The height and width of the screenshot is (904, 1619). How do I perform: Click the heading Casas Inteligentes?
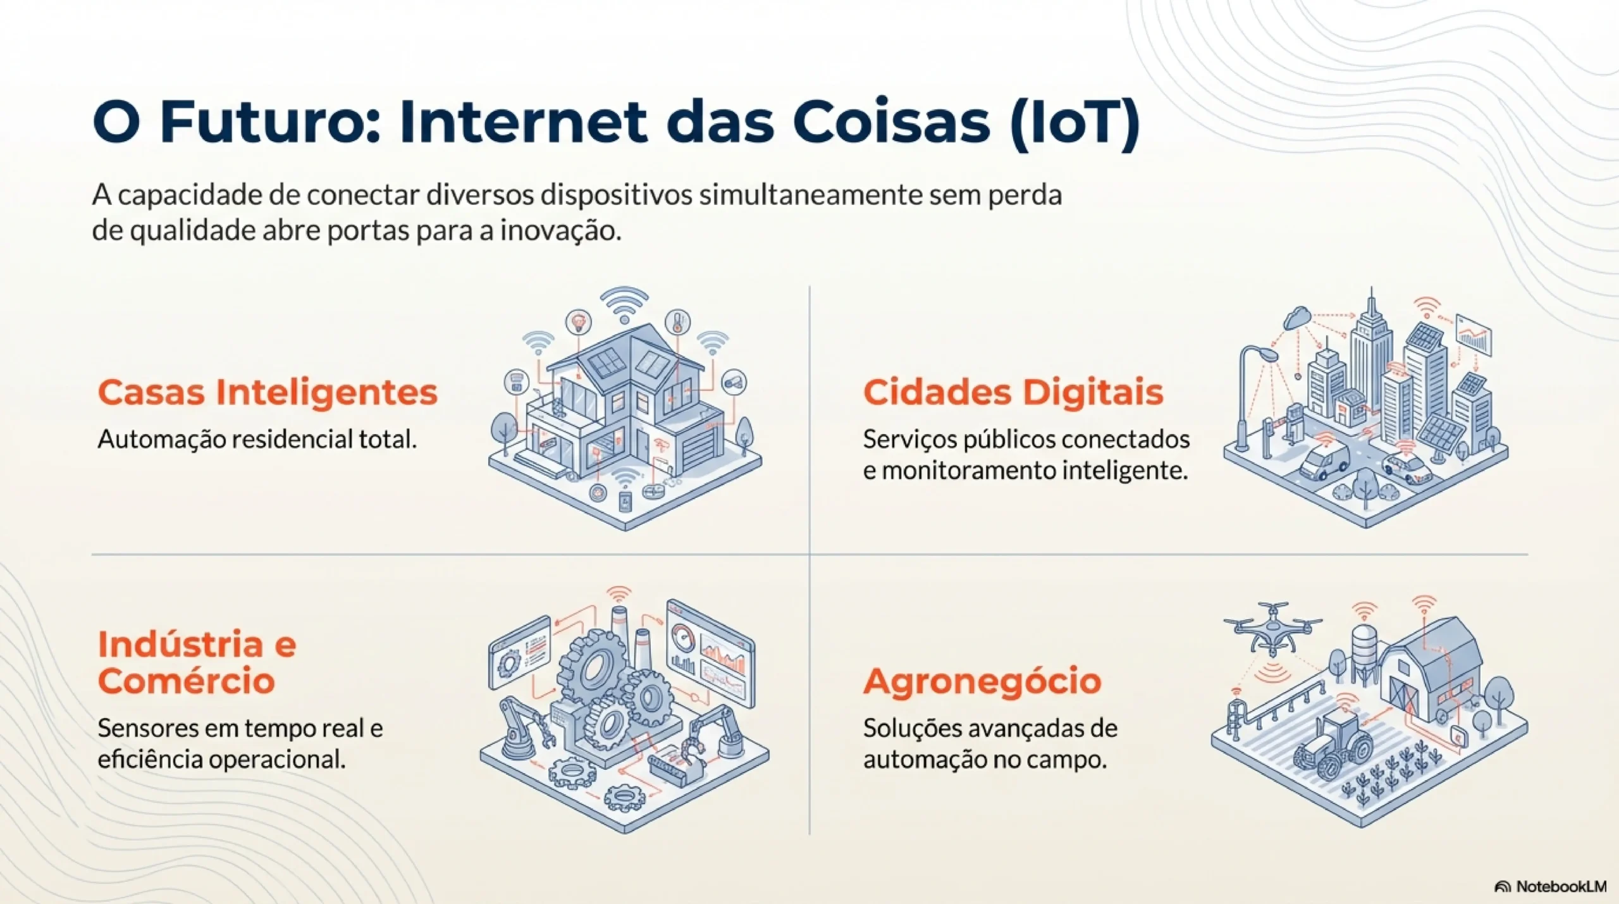[x=268, y=392]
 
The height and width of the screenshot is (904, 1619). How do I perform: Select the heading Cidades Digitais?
[x=1013, y=392]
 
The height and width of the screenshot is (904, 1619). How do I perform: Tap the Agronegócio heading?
[x=982, y=681]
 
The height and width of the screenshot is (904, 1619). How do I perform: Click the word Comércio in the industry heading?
[x=186, y=681]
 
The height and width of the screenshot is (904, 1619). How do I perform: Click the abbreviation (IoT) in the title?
[x=1074, y=122]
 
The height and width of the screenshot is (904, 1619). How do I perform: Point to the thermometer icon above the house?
[x=677, y=321]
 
